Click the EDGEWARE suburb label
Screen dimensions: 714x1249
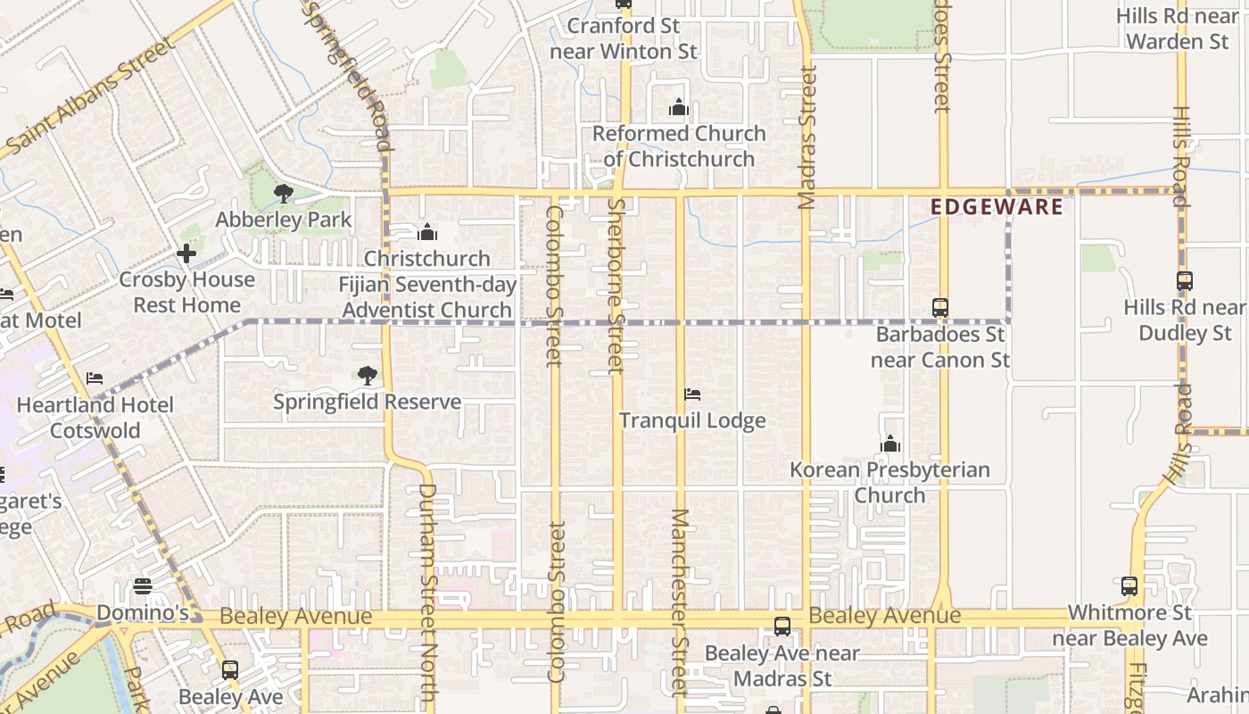pyautogui.click(x=997, y=207)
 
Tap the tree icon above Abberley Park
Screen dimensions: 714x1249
pyautogui.click(x=284, y=193)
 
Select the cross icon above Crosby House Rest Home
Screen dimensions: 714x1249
pyautogui.click(x=186, y=253)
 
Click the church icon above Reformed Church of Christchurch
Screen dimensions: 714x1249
pyautogui.click(x=679, y=108)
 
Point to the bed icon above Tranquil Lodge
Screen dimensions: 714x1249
pyautogui.click(x=692, y=394)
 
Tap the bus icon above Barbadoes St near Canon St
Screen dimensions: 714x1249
pyautogui.click(x=940, y=308)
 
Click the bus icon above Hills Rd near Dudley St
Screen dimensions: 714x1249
pyautogui.click(x=1185, y=281)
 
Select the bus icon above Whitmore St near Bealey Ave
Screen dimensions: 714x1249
pyautogui.click(x=1129, y=586)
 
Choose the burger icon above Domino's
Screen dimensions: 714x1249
pyautogui.click(x=143, y=586)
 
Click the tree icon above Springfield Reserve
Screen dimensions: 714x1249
pyautogui.click(x=367, y=376)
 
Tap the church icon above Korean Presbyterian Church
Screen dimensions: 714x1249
pyautogui.click(x=890, y=444)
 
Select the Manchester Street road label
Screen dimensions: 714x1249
pyautogui.click(x=680, y=602)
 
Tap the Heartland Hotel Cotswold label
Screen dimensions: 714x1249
pyautogui.click(x=95, y=418)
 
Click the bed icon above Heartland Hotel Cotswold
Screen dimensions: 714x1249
pyautogui.click(x=95, y=379)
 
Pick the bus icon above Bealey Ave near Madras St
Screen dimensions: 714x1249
pyautogui.click(x=782, y=627)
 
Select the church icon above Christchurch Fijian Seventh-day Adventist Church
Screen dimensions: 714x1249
pyautogui.click(x=427, y=233)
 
